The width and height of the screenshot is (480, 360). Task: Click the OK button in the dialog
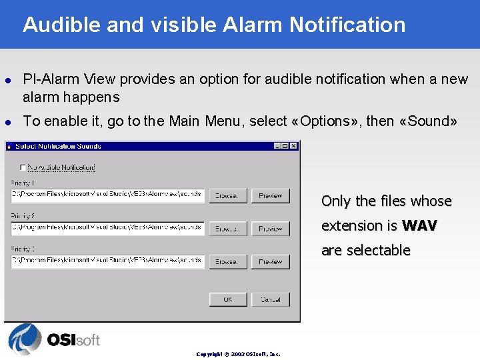[228, 299]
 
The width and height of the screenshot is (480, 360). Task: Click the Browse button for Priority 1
[228, 195]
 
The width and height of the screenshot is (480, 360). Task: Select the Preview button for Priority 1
[271, 195]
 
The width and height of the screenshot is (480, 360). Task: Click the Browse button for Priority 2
[228, 228]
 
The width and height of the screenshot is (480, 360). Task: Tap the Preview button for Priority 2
[271, 228]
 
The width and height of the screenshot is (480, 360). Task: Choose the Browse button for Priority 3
[228, 261]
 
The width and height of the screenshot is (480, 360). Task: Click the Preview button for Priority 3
[271, 261]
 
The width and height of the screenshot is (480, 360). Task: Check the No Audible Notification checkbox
[23, 167]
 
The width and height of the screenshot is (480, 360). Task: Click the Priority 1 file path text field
[107, 195]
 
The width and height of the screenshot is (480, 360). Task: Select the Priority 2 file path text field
[107, 227]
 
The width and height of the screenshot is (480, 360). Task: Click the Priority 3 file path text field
[107, 261]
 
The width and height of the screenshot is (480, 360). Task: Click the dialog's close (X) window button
[294, 146]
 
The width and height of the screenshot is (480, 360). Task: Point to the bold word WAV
[419, 226]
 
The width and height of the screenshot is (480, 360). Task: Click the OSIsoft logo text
[73, 340]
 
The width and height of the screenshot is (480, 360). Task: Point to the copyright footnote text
[238, 354]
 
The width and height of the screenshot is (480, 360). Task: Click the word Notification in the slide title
[347, 25]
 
